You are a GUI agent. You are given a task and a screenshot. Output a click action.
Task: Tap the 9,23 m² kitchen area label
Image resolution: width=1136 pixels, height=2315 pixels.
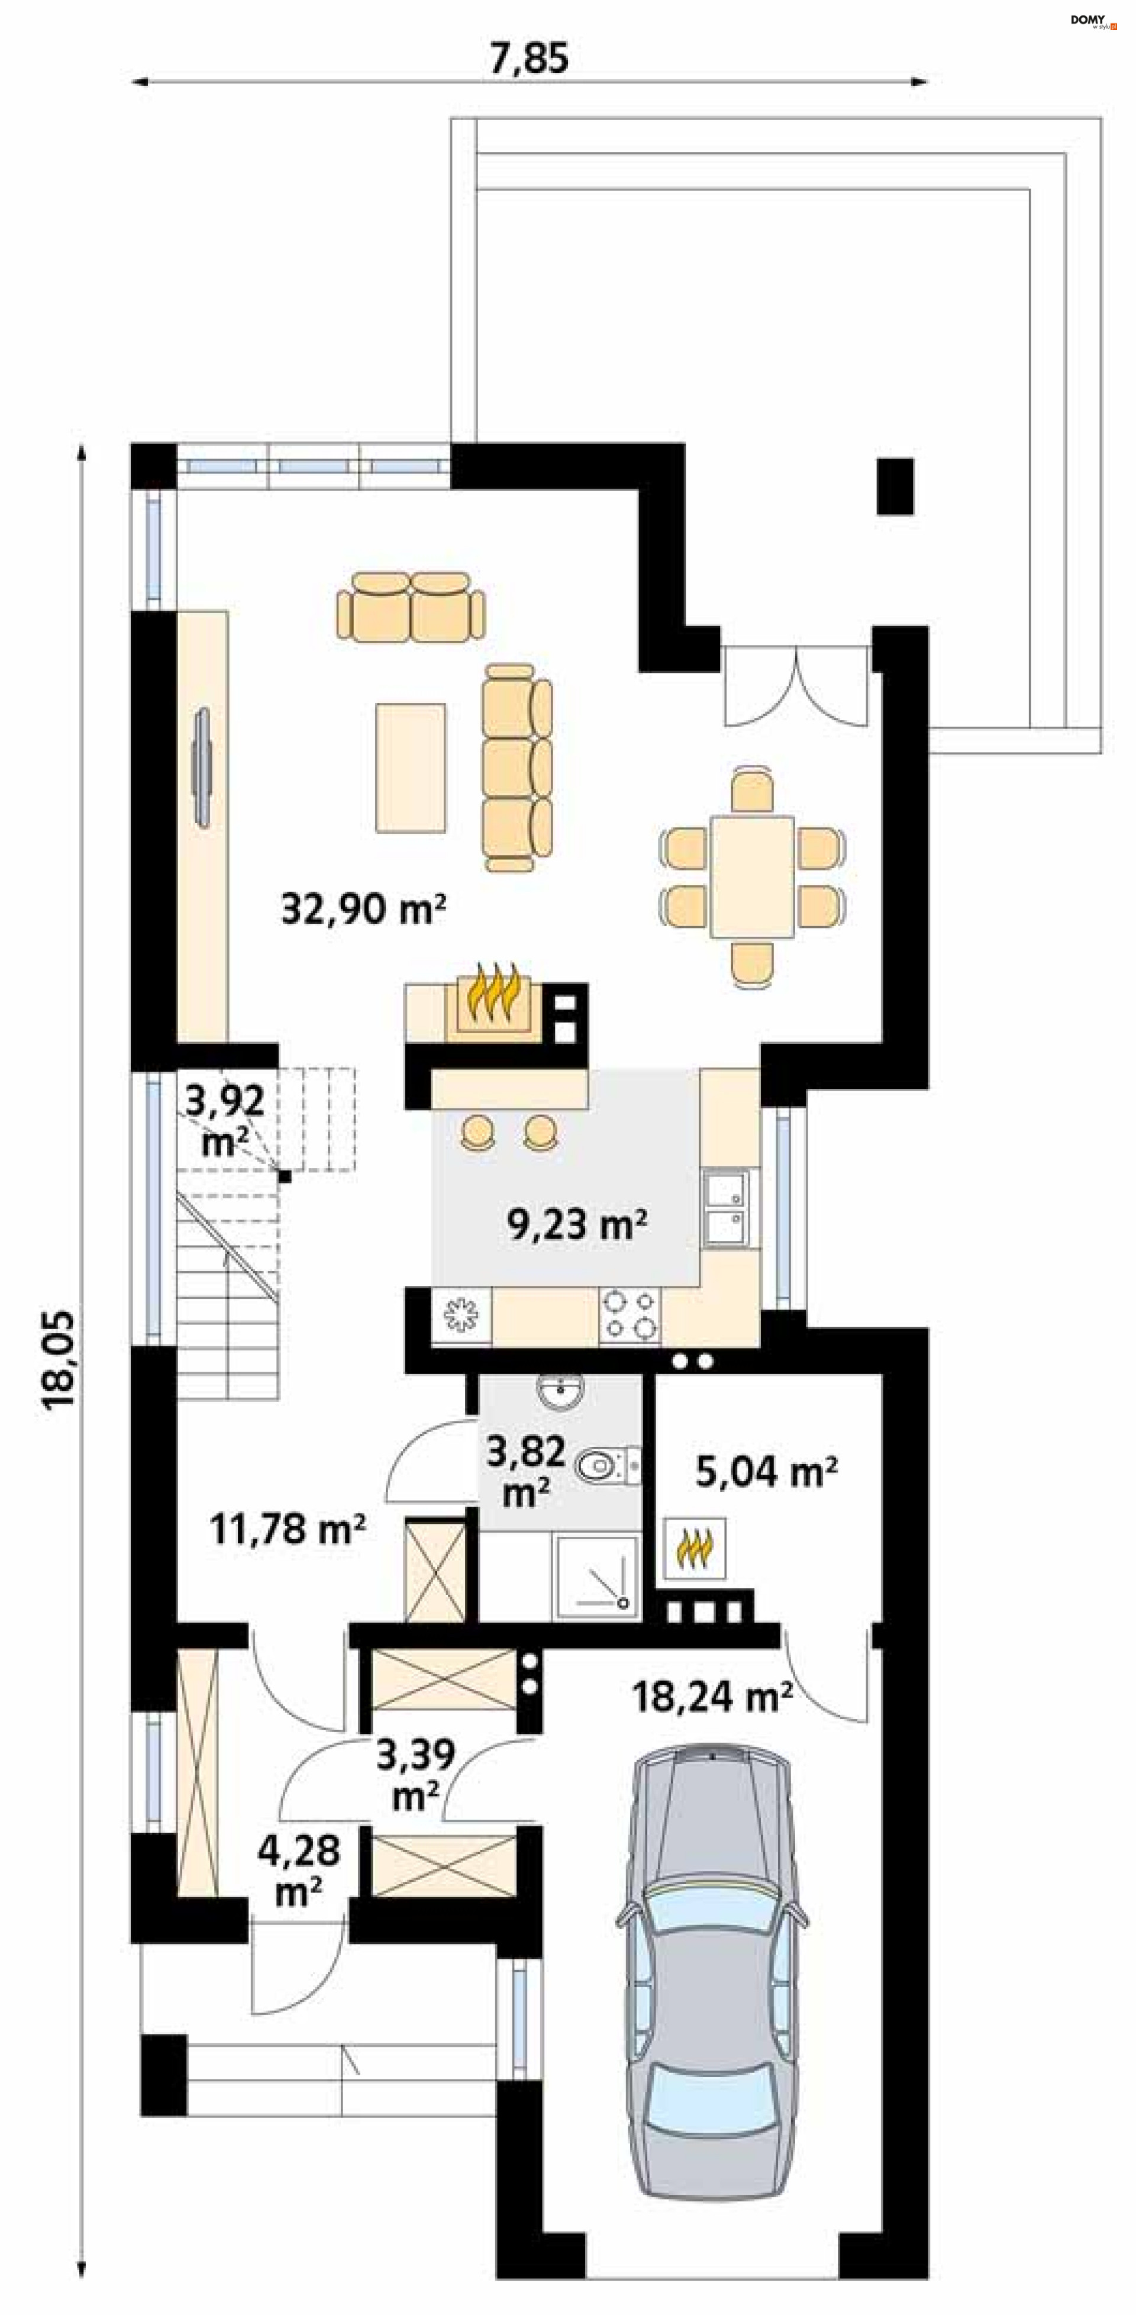(577, 1224)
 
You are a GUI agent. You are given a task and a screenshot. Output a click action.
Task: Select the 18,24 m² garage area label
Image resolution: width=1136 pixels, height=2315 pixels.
(712, 1697)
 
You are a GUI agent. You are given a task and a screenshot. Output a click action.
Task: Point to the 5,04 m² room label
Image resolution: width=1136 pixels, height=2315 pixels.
(767, 1473)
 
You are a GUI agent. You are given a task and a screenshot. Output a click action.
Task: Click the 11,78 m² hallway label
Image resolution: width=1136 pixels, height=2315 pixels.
(288, 1528)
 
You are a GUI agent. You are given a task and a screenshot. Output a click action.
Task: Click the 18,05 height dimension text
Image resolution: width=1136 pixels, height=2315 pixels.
(59, 1360)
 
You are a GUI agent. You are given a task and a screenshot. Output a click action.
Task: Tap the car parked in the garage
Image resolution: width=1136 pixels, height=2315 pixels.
(712, 1969)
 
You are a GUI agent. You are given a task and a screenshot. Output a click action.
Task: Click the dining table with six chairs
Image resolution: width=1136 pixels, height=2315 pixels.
(752, 877)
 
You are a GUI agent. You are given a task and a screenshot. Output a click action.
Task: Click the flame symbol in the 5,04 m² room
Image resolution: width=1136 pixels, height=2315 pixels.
(695, 1547)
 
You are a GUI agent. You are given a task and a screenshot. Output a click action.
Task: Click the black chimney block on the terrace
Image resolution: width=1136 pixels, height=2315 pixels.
(895, 486)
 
